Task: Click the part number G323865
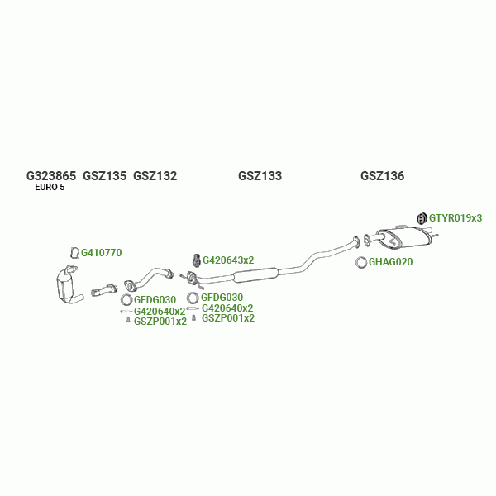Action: (x=51, y=176)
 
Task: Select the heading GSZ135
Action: (x=104, y=176)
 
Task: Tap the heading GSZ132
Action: (x=155, y=176)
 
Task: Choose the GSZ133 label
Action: (x=260, y=176)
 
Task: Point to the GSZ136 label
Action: (x=382, y=176)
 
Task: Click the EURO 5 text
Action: (x=50, y=188)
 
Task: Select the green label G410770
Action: (x=101, y=253)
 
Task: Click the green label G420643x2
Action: (x=228, y=260)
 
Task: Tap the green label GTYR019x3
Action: (x=455, y=218)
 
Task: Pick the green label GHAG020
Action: (x=390, y=263)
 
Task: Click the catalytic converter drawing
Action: (x=65, y=286)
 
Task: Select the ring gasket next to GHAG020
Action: (x=362, y=263)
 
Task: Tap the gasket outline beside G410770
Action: (x=73, y=253)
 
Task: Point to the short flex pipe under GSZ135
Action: (x=105, y=290)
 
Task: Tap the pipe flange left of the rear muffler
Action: (x=366, y=241)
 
